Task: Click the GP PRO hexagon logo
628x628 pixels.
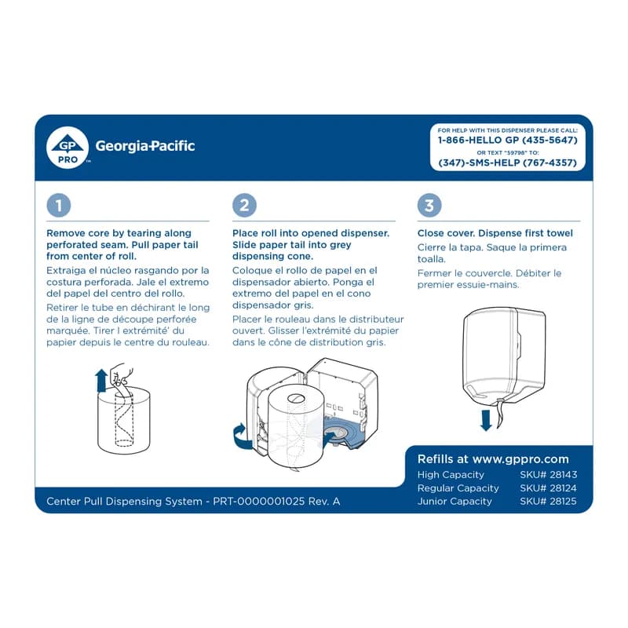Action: pyautogui.click(x=68, y=147)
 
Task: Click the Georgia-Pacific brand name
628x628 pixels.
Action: pyautogui.click(x=144, y=146)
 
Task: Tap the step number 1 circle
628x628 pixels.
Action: pyautogui.click(x=59, y=206)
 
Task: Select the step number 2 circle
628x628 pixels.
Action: pyautogui.click(x=244, y=206)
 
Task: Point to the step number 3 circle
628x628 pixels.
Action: pyautogui.click(x=429, y=206)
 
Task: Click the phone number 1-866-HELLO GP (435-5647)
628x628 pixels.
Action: pyautogui.click(x=507, y=140)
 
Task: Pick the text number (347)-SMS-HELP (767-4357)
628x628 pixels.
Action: pyautogui.click(x=507, y=163)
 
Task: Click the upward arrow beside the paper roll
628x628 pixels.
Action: pyautogui.click(x=100, y=382)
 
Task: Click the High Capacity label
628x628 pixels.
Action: pyautogui.click(x=451, y=475)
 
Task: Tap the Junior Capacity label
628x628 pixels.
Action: pyautogui.click(x=455, y=502)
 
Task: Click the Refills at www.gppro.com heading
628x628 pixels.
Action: pyautogui.click(x=493, y=459)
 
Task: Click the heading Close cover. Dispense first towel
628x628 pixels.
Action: pyautogui.click(x=495, y=233)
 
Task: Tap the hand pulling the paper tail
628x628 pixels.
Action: pyautogui.click(x=120, y=373)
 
